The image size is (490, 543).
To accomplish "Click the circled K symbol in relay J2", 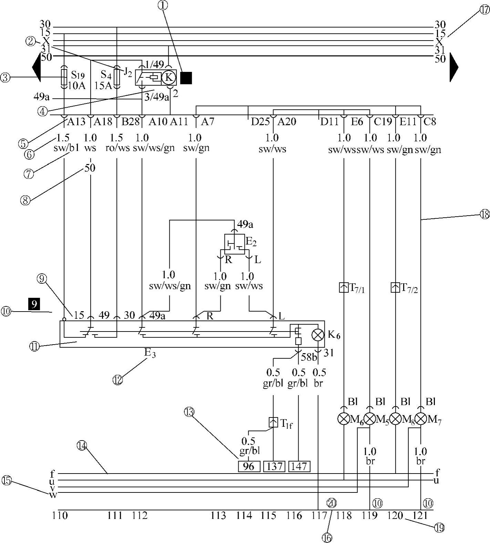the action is (x=168, y=77).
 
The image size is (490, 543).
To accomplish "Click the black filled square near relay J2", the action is (x=186, y=78).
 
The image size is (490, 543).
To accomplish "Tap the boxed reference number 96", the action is (x=249, y=466).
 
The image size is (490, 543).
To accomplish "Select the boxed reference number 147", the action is (x=299, y=466).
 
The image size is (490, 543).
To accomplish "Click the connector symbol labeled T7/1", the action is (x=344, y=287).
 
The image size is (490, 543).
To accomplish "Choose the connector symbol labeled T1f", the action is (x=273, y=422).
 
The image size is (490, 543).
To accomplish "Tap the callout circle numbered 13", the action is (x=189, y=411).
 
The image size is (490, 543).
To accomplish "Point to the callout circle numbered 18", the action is (x=484, y=214).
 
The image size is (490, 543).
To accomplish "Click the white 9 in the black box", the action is (x=34, y=304).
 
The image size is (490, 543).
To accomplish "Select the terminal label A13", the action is (x=76, y=122).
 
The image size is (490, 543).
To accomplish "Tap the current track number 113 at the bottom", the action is (x=218, y=515).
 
